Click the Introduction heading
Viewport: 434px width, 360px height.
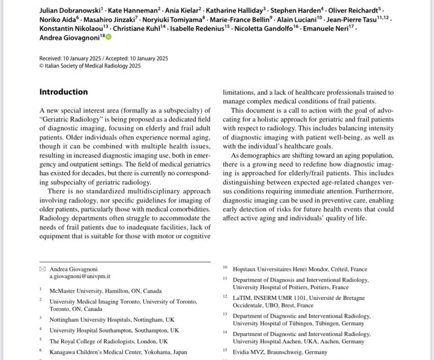tap(63, 92)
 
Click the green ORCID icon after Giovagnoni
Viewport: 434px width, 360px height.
tap(108, 38)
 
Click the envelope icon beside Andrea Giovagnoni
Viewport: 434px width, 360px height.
tap(42, 269)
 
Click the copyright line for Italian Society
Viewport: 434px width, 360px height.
tap(90, 66)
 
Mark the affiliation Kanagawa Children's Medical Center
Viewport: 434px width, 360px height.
tap(118, 351)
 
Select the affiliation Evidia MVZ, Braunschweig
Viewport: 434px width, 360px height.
tap(275, 351)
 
